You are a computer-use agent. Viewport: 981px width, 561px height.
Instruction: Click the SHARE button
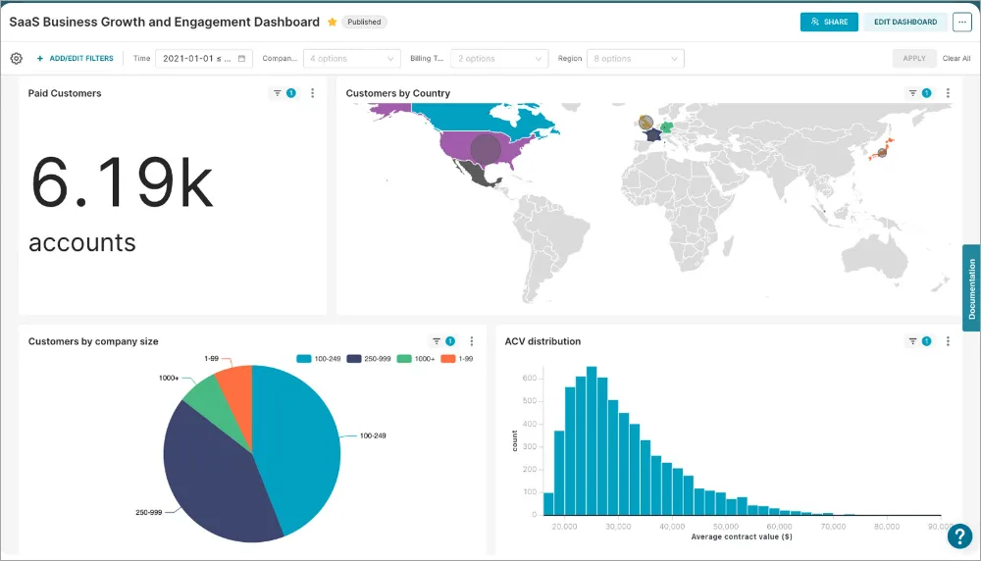pyautogui.click(x=829, y=22)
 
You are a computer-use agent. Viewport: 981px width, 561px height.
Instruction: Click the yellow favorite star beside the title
pyautogui.click(x=333, y=22)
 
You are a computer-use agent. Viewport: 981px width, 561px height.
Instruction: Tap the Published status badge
pyautogui.click(x=365, y=22)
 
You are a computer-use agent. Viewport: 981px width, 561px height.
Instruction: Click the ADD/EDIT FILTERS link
pyautogui.click(x=76, y=59)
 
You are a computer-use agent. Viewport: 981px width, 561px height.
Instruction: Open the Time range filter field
pyautogui.click(x=204, y=59)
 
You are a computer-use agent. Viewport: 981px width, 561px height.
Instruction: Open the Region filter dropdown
pyautogui.click(x=635, y=59)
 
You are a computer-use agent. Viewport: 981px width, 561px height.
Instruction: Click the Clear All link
pyautogui.click(x=956, y=59)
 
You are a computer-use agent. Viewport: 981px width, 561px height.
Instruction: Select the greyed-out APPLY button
pyautogui.click(x=913, y=59)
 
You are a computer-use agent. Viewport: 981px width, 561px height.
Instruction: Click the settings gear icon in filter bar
pyautogui.click(x=17, y=59)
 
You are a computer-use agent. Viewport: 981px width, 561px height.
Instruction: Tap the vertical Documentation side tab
pyautogui.click(x=971, y=288)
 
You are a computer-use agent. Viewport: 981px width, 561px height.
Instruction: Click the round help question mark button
pyautogui.click(x=959, y=536)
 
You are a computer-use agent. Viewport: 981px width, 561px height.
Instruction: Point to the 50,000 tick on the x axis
pyautogui.click(x=726, y=526)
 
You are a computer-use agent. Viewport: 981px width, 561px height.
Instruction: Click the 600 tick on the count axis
pyautogui.click(x=528, y=378)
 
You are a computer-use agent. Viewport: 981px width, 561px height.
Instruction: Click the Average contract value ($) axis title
pyautogui.click(x=742, y=537)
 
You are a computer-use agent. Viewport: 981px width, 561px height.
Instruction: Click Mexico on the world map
pyautogui.click(x=481, y=176)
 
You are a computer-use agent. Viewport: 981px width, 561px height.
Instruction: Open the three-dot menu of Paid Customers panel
pyautogui.click(x=313, y=93)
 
